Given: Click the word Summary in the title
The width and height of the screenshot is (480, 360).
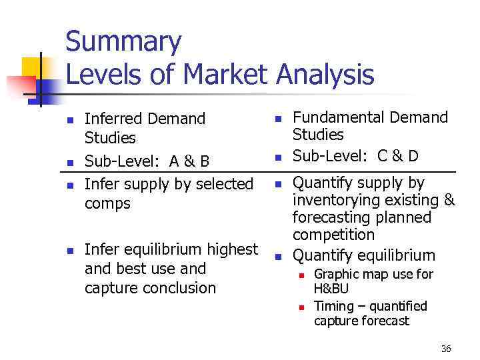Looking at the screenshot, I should pos(123,42).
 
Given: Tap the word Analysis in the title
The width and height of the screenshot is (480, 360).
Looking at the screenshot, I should pos(326,74).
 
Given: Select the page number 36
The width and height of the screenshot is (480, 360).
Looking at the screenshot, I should pos(446,349).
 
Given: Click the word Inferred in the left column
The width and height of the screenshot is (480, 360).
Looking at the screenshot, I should pos(115,119).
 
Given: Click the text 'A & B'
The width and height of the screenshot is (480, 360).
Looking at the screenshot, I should pos(189,162).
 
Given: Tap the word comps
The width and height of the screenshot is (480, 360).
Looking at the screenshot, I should pos(108,203).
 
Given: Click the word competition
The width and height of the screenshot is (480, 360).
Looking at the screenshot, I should pos(333,235).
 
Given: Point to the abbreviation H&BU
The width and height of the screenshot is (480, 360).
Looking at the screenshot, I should pos(331,289).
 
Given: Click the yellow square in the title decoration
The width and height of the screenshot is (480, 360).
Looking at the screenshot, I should pos(31,67).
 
